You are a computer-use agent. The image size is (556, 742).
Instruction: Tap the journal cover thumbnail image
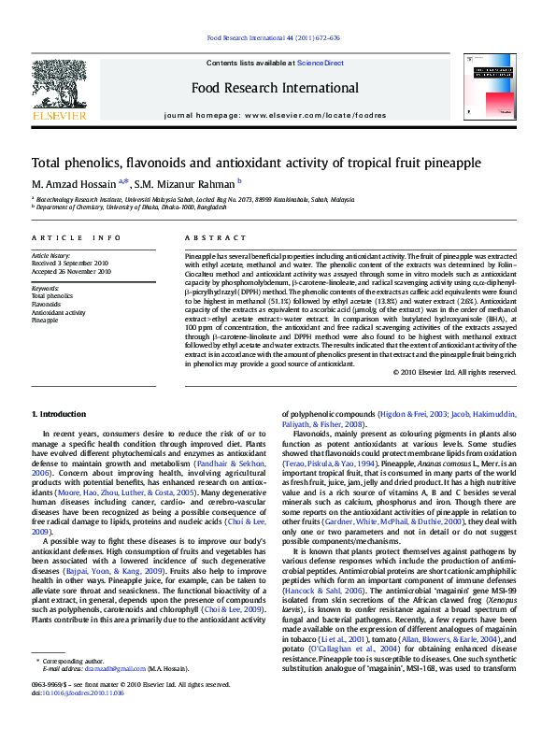[x=490, y=86]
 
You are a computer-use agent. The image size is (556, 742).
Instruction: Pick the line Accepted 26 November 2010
[x=72, y=272]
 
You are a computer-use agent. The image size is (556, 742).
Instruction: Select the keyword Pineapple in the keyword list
[x=45, y=320]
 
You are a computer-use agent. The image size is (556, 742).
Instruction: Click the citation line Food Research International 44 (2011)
[x=273, y=38]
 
